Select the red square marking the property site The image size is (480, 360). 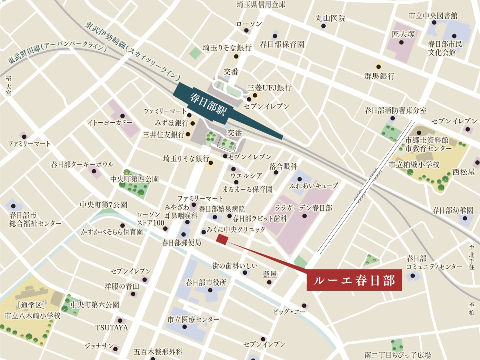222,239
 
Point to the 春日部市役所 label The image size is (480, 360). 206,282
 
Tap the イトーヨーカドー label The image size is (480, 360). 110,123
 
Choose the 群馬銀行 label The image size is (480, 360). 379,76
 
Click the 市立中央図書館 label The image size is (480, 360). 433,16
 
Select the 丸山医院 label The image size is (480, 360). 330,18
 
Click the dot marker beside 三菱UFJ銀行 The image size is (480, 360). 254,95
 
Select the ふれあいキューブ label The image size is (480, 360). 313,186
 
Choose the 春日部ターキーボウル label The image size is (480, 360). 82,164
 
